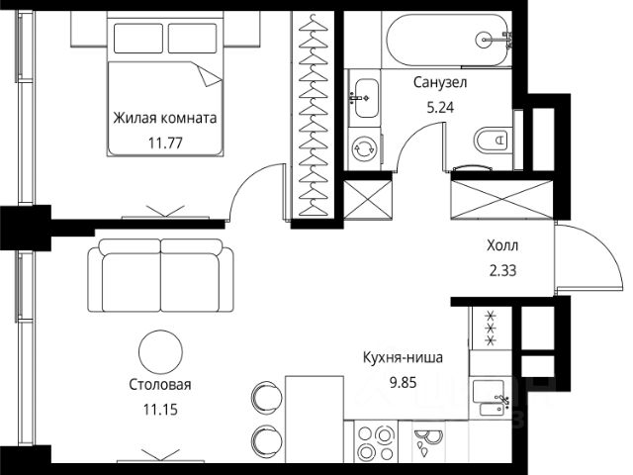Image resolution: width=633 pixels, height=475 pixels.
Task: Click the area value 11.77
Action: tap(165, 142)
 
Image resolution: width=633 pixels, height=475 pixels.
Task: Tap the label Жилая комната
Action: tap(165, 118)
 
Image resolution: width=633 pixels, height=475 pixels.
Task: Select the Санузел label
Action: tap(440, 82)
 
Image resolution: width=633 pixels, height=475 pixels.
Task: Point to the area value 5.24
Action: tap(440, 108)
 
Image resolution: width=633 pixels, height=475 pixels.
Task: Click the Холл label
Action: tap(502, 245)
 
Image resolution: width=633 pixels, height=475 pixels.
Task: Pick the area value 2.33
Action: tap(502, 270)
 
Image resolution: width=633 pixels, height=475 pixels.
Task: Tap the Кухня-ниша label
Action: tap(403, 357)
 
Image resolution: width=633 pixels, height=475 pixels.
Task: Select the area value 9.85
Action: tap(403, 382)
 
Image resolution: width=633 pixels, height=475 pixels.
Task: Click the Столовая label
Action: tap(160, 385)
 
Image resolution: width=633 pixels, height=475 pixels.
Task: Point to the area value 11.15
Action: tap(160, 410)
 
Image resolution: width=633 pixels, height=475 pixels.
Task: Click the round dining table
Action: tap(160, 352)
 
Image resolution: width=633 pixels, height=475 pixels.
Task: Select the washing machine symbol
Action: tap(365, 148)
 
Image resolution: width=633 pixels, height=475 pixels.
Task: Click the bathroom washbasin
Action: tap(366, 98)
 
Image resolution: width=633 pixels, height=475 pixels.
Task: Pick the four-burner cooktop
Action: tap(376, 442)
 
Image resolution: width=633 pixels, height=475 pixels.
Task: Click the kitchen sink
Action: tap(489, 398)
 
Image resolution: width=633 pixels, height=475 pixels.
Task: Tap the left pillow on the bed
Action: tap(138, 39)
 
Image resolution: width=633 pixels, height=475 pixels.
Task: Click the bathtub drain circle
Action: tap(484, 40)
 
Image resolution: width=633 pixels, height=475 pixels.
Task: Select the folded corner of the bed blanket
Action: tap(209, 75)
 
